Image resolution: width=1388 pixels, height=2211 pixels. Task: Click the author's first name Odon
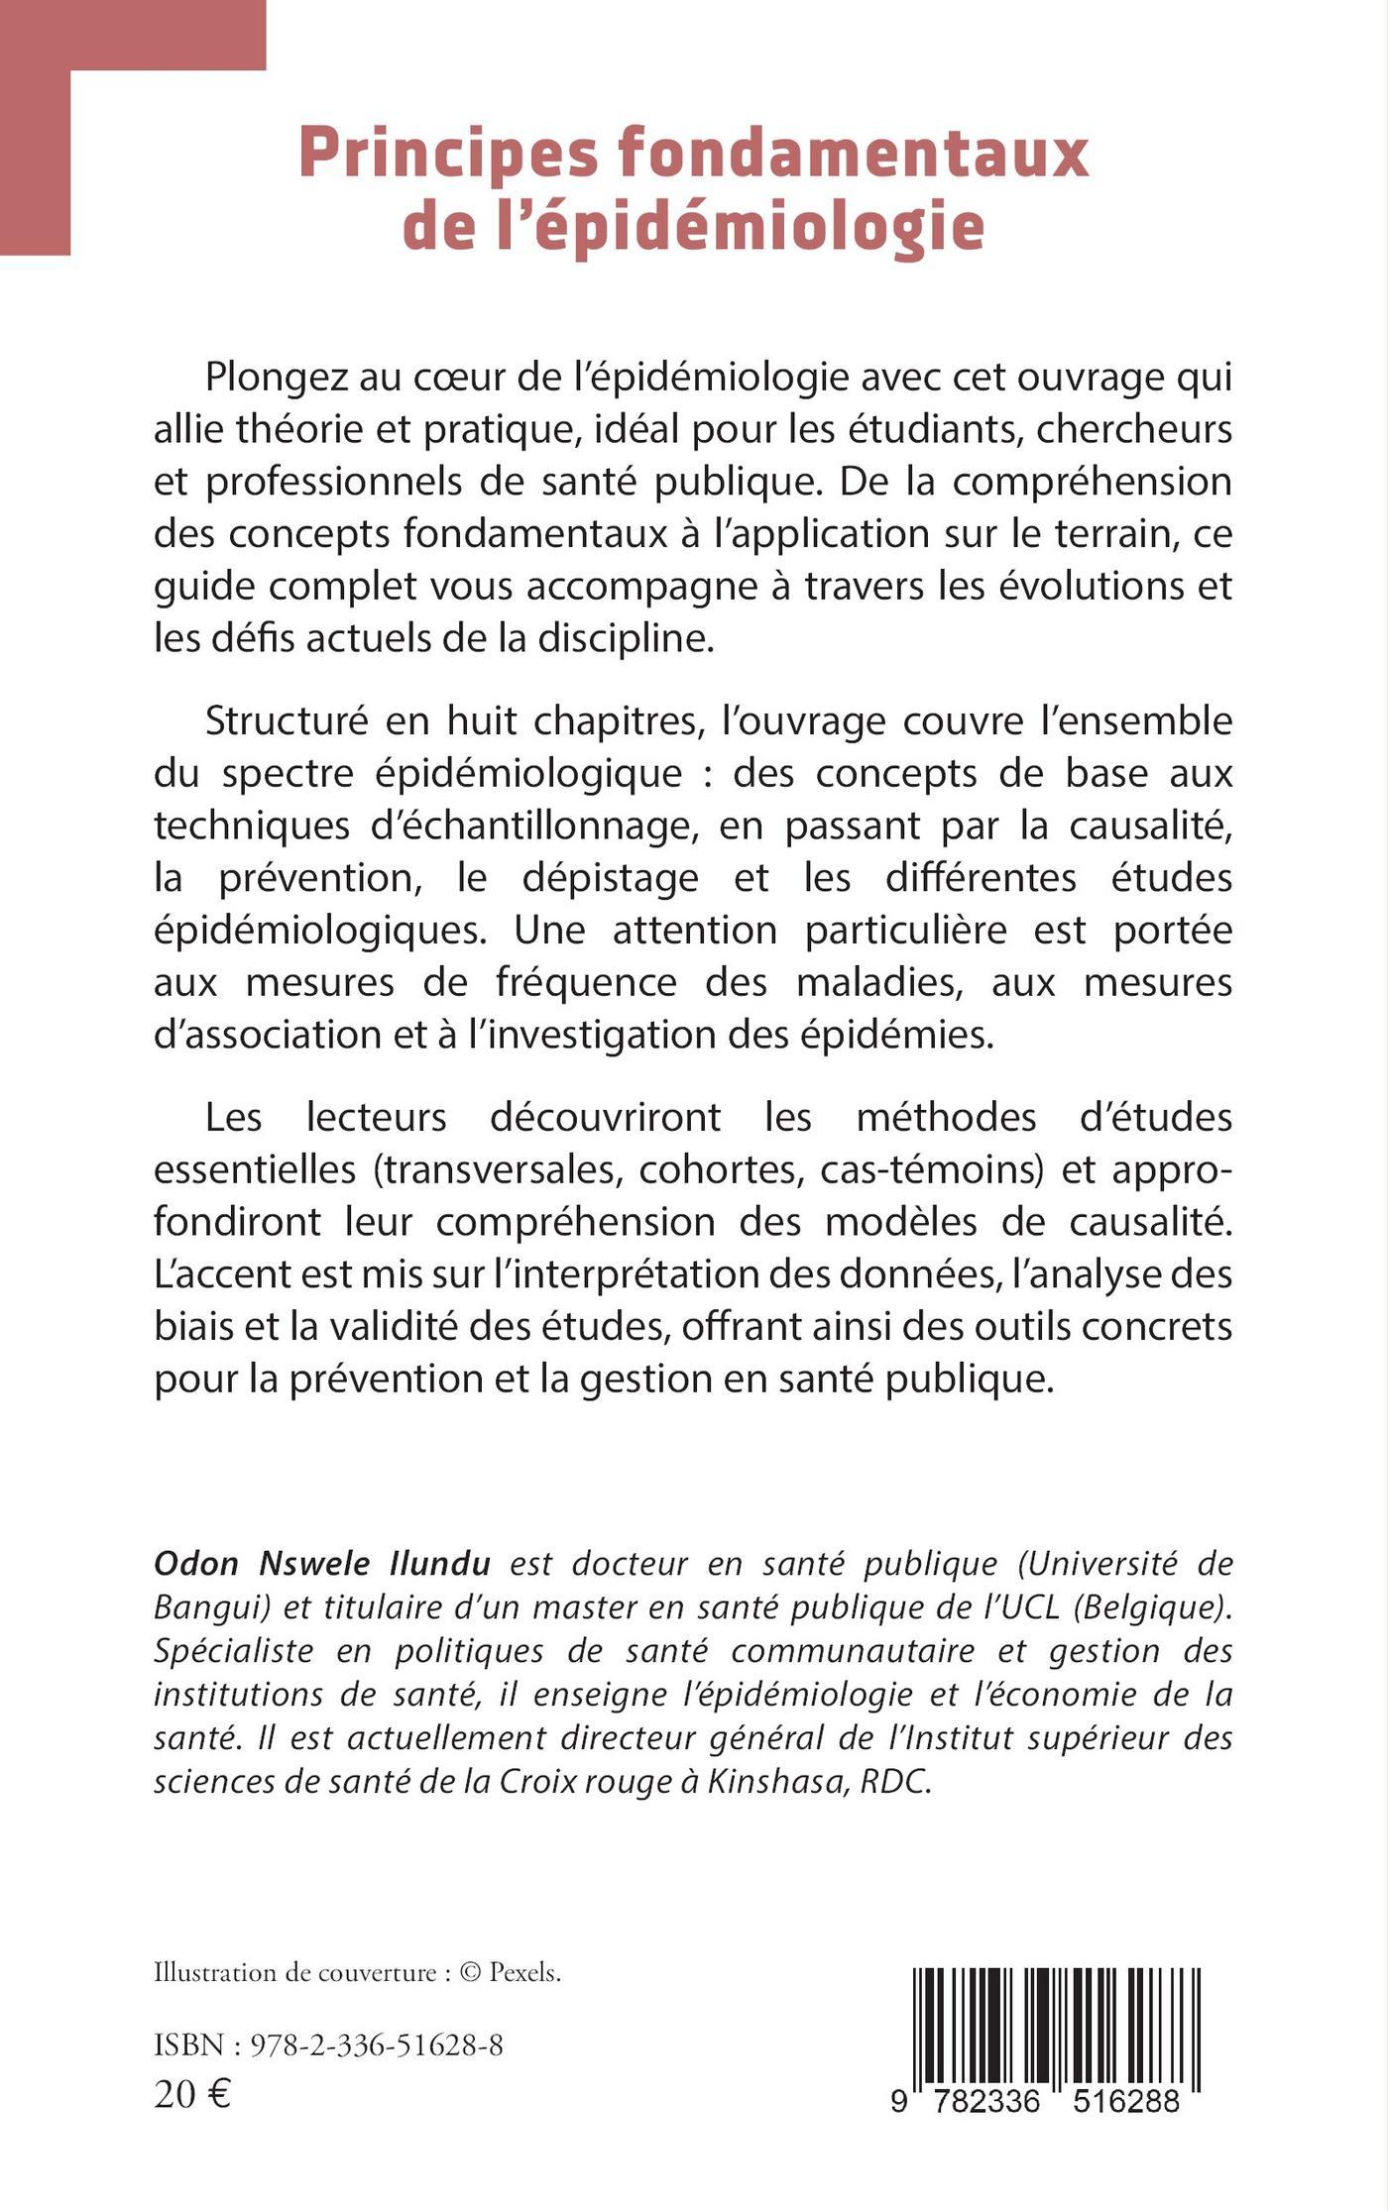[x=195, y=1564]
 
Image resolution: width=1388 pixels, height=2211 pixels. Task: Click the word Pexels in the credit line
[x=524, y=1972]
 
